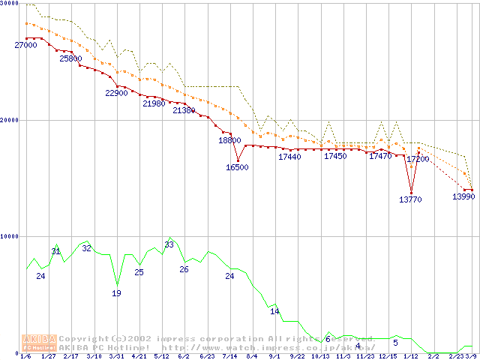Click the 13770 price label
click(x=410, y=199)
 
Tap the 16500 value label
click(x=237, y=168)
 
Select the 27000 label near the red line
click(x=25, y=46)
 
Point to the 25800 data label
click(x=70, y=58)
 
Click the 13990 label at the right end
click(x=463, y=196)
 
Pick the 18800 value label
click(x=229, y=140)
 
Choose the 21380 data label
click(x=184, y=110)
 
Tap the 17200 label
click(x=418, y=159)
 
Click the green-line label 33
click(x=169, y=245)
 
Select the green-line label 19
click(x=116, y=293)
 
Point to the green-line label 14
click(x=274, y=311)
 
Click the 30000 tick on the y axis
click(x=9, y=4)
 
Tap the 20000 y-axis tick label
click(x=9, y=120)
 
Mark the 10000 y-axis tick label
click(x=9, y=236)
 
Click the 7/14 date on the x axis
click(x=229, y=356)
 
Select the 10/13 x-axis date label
click(x=320, y=356)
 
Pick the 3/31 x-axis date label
click(x=116, y=356)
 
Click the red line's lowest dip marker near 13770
click(x=411, y=193)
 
